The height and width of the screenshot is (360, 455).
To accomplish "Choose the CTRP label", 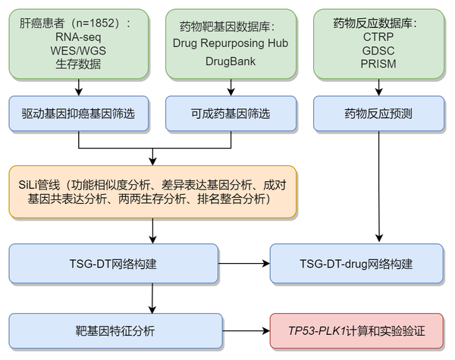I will click(x=378, y=36).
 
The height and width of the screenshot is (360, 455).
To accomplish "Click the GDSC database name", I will click(x=378, y=50).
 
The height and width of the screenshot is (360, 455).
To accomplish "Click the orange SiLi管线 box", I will click(x=152, y=192).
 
